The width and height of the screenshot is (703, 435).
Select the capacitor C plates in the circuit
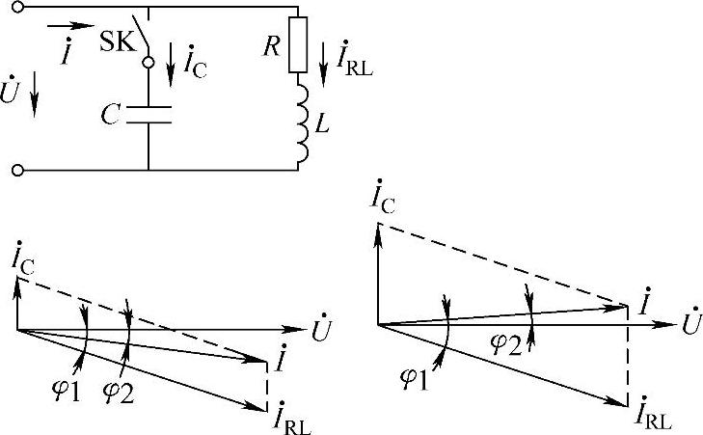pyautogui.click(x=149, y=116)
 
